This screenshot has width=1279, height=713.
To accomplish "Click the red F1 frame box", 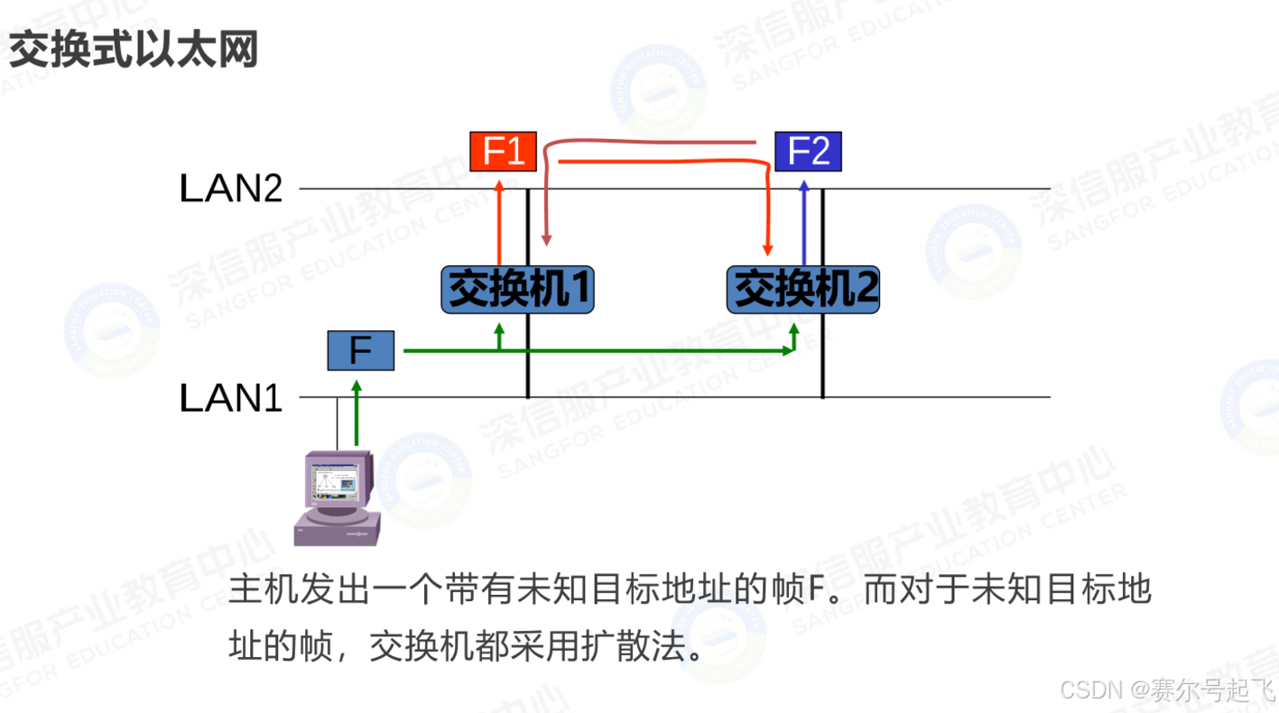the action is click(x=503, y=151).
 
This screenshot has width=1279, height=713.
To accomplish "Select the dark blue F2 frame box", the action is click(x=808, y=151).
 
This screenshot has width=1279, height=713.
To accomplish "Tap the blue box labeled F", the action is click(x=360, y=350).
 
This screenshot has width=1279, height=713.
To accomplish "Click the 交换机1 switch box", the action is click(x=517, y=290).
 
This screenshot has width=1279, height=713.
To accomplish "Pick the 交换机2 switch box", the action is click(x=802, y=290).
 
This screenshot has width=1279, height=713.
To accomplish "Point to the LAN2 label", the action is click(x=231, y=190).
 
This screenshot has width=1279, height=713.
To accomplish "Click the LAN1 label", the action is click(x=231, y=398).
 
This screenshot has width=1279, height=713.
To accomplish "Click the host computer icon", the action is click(x=338, y=496).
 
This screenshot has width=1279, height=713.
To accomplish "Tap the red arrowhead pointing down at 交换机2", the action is click(x=768, y=248).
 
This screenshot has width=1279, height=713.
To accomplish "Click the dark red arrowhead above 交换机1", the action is click(x=545, y=239).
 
